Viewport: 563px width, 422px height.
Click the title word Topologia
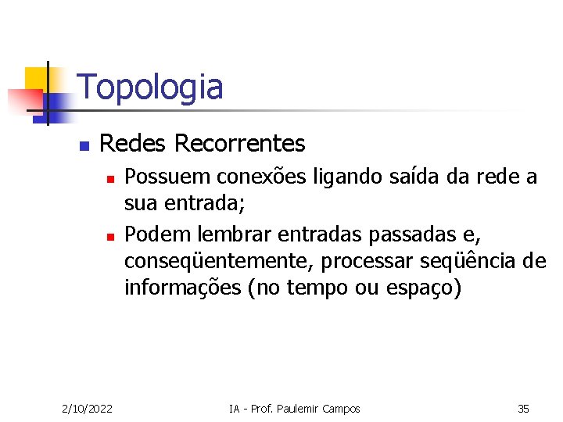[x=150, y=87]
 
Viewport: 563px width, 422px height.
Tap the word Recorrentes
[x=239, y=144]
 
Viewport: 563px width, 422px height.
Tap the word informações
[x=182, y=288]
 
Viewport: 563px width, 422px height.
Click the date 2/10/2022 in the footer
[x=87, y=409]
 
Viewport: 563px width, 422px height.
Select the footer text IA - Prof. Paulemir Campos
[x=294, y=409]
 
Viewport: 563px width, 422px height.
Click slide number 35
[x=523, y=409]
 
